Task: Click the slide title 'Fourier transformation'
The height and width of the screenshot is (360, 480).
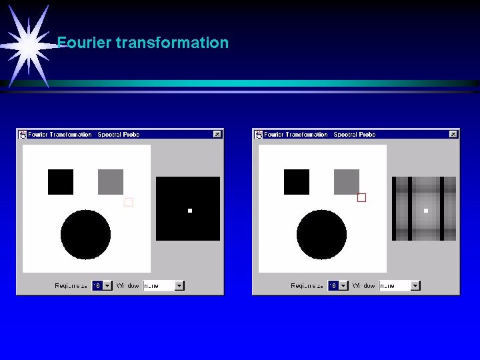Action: click(143, 43)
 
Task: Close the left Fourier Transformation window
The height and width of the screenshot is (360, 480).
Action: click(217, 134)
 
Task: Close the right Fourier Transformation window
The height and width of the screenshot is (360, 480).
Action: click(453, 134)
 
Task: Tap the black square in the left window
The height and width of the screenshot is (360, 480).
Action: click(61, 182)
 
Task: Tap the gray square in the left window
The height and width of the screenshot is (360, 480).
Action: click(111, 182)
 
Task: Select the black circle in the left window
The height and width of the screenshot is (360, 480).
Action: click(86, 235)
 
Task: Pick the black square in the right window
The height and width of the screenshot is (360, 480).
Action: click(297, 182)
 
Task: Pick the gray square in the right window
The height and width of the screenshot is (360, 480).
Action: click(347, 182)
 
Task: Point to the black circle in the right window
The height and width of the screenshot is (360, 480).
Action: click(322, 235)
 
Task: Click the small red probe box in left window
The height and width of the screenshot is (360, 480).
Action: click(129, 202)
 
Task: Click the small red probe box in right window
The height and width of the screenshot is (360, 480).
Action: click(362, 197)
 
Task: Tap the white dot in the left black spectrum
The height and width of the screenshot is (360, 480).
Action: click(190, 211)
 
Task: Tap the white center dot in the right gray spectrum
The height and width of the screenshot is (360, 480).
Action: click(426, 211)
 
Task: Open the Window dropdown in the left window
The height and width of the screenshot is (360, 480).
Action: click(179, 285)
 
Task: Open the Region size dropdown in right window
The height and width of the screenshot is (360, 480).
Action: click(343, 285)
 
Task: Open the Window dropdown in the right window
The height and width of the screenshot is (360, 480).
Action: click(415, 285)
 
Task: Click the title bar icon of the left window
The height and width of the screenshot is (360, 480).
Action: click(23, 134)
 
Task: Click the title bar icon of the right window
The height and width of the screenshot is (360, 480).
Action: click(259, 134)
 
